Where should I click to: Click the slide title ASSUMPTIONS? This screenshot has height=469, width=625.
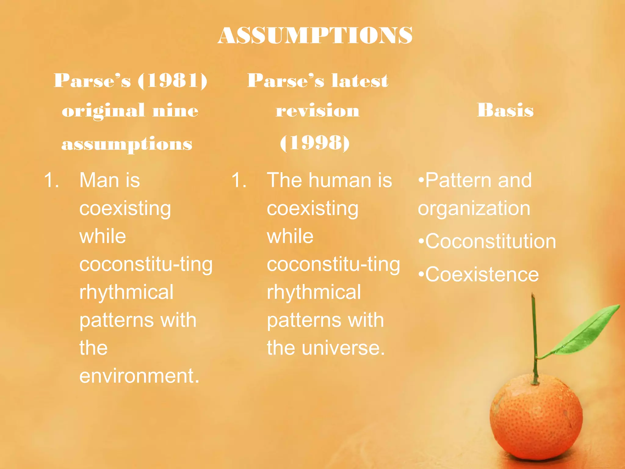click(315, 35)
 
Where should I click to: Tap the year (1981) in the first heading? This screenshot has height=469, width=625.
click(173, 81)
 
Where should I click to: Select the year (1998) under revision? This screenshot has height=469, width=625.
click(315, 143)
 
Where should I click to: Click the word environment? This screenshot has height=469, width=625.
click(139, 376)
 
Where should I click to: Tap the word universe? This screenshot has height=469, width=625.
click(343, 348)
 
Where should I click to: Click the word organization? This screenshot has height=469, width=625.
click(474, 209)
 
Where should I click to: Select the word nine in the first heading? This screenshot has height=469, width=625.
click(175, 111)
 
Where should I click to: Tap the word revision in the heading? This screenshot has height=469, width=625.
click(317, 111)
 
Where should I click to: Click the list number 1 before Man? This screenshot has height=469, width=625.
click(51, 180)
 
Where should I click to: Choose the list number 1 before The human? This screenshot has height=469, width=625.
click(239, 180)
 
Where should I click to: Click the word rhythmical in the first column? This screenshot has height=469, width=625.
click(126, 292)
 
